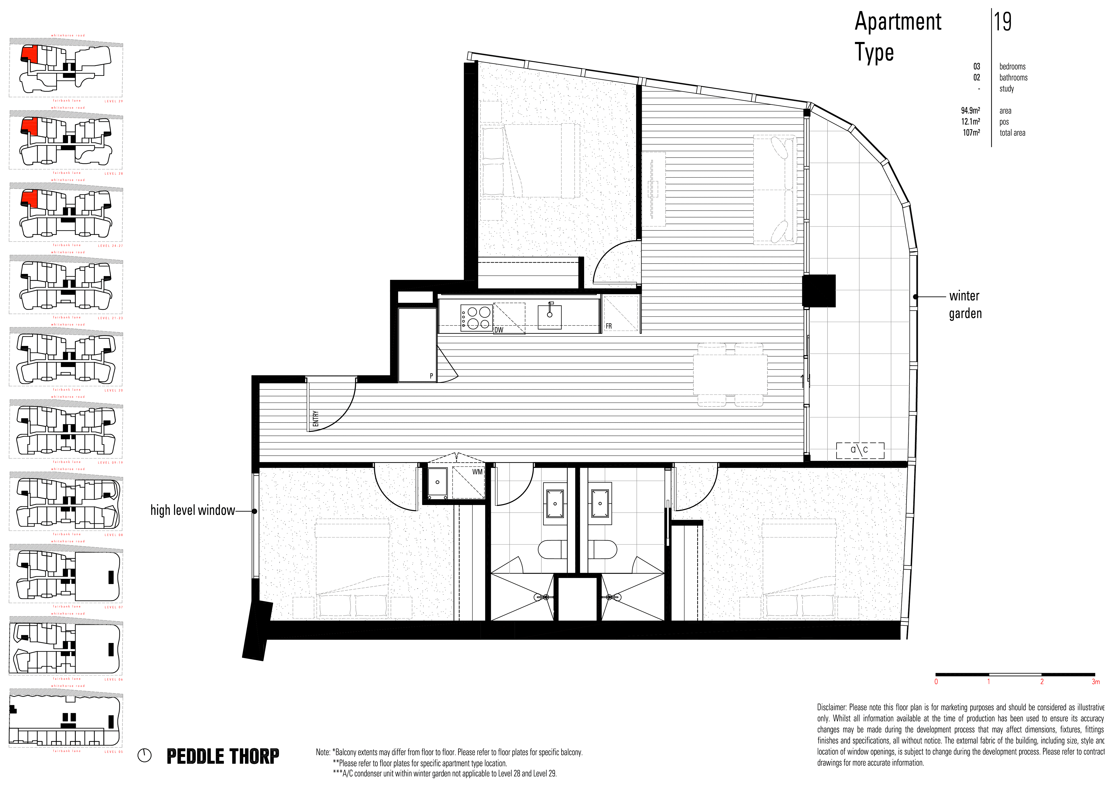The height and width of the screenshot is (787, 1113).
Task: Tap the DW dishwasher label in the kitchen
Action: tap(499, 330)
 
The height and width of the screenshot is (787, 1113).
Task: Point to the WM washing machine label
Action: tap(477, 472)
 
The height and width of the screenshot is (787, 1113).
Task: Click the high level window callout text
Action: tap(192, 510)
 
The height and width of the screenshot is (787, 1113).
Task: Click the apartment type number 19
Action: tap(1002, 22)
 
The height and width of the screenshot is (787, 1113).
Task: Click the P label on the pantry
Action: tap(431, 376)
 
